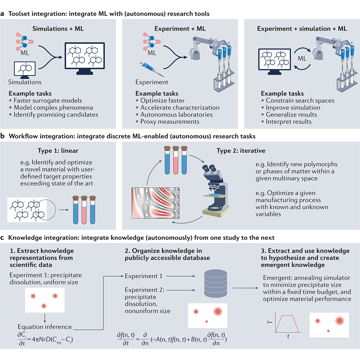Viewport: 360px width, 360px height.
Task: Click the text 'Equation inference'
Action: (45, 327)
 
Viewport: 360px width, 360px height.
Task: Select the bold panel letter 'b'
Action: (3, 137)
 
